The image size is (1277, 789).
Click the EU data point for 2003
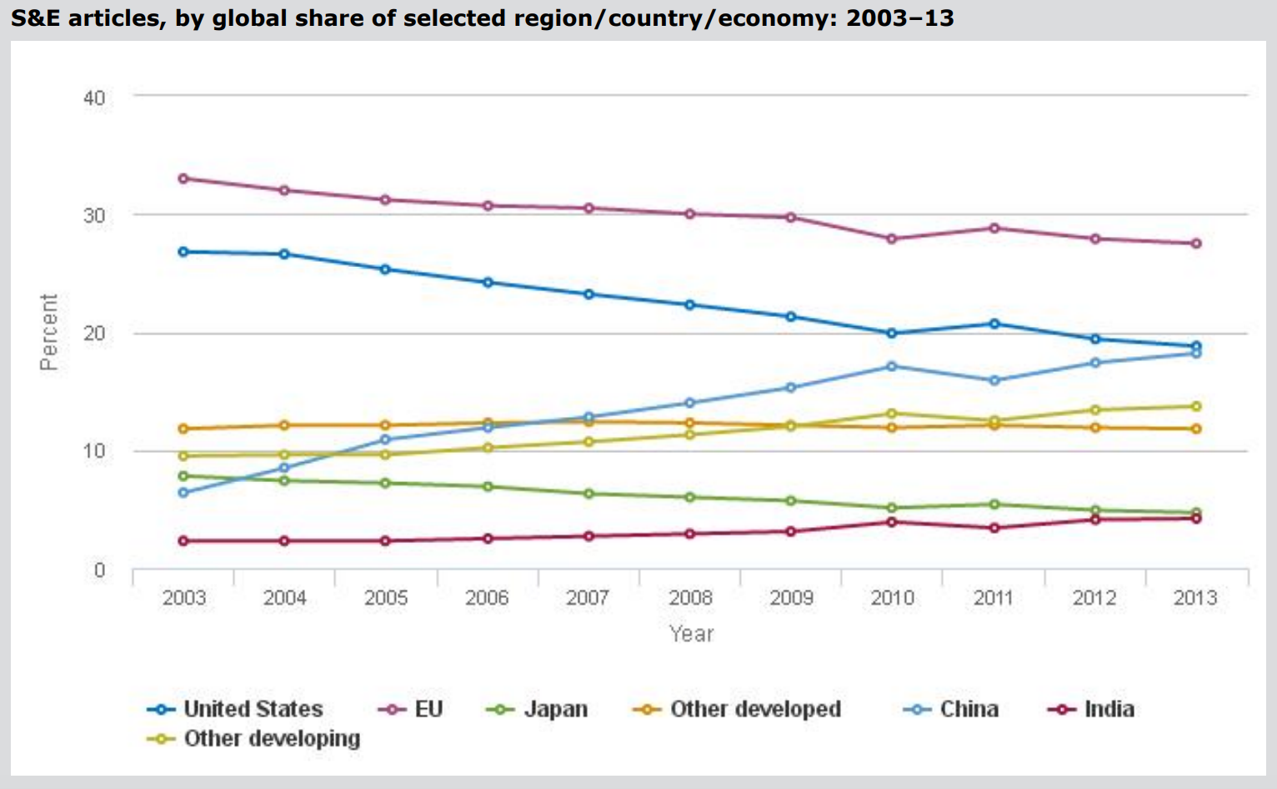pyautogui.click(x=183, y=178)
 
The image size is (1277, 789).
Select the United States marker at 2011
pyautogui.click(x=994, y=324)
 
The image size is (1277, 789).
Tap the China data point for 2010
pyautogui.click(x=892, y=366)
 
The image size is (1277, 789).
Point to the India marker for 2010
pyautogui.click(x=892, y=522)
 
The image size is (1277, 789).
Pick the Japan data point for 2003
pyautogui.click(x=183, y=476)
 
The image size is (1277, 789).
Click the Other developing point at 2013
pyautogui.click(x=1196, y=406)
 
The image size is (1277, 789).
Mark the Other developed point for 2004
pyautogui.click(x=284, y=425)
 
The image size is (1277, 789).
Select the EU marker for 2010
pyautogui.click(x=892, y=239)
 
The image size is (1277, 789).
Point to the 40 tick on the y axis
pyautogui.click(x=94, y=98)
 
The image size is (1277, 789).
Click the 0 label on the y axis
pyautogui.click(x=100, y=570)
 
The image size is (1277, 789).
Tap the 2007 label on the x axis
pyautogui.click(x=588, y=598)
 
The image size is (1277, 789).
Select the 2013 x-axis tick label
pyautogui.click(x=1195, y=598)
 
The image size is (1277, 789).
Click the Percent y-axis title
pyautogui.click(x=49, y=332)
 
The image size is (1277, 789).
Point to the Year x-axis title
pyautogui.click(x=691, y=634)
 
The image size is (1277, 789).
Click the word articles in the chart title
pyautogui.click(x=117, y=18)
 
